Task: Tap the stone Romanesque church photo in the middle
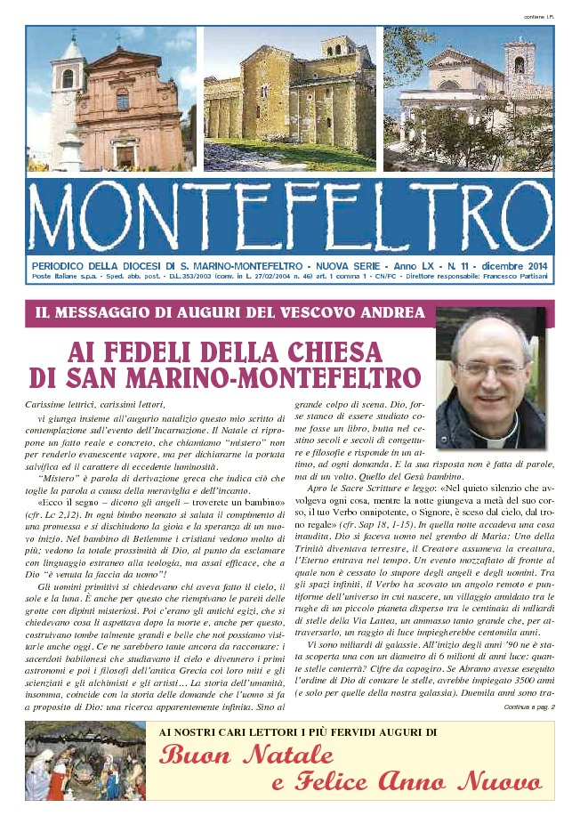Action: pyautogui.click(x=290, y=98)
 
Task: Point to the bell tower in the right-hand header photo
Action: pyautogui.click(x=520, y=67)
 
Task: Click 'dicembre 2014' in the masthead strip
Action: pyautogui.click(x=515, y=266)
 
